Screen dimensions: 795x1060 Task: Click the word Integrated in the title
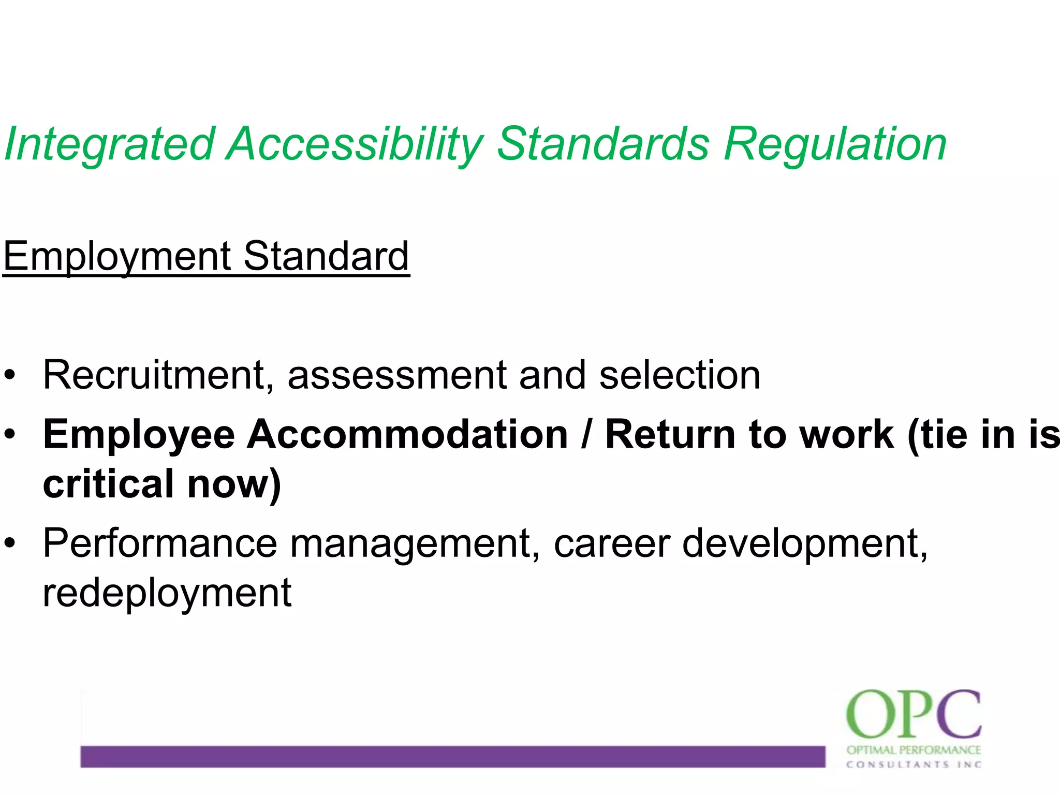pos(109,144)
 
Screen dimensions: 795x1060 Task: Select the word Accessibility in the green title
pos(356,144)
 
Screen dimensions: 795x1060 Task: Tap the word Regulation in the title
pos(835,144)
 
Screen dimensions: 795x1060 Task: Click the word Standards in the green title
pos(603,144)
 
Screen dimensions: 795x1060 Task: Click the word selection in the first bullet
pos(680,375)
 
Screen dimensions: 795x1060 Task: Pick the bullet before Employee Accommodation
pos(10,435)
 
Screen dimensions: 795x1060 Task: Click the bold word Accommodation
pos(407,435)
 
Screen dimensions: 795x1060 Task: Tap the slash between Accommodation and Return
pos(586,435)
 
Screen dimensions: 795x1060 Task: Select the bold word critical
pos(108,484)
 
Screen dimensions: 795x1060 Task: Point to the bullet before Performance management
pos(10,544)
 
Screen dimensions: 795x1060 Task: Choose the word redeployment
pos(167,594)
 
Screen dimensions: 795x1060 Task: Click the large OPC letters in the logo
pos(914,715)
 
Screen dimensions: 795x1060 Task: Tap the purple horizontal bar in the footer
pos(452,756)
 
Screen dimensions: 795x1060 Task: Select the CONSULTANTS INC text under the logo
pos(914,764)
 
